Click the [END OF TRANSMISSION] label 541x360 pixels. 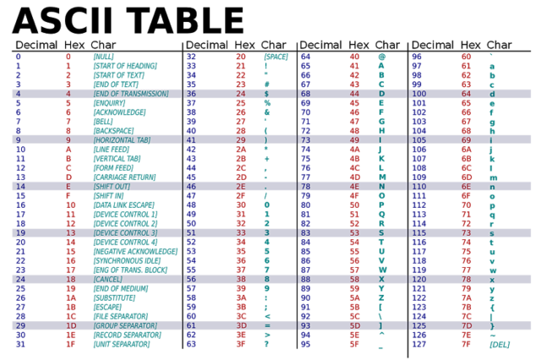point(130,94)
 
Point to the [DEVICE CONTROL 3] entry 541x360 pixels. point(125,232)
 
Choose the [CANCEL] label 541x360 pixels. point(108,279)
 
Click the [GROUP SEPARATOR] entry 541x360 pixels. point(125,325)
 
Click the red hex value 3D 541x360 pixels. point(241,325)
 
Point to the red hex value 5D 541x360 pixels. point(355,325)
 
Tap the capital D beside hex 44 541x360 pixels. point(381,94)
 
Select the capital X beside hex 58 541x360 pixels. point(381,279)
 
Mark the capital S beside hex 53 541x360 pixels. point(381,232)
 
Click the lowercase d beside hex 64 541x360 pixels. point(492,94)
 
